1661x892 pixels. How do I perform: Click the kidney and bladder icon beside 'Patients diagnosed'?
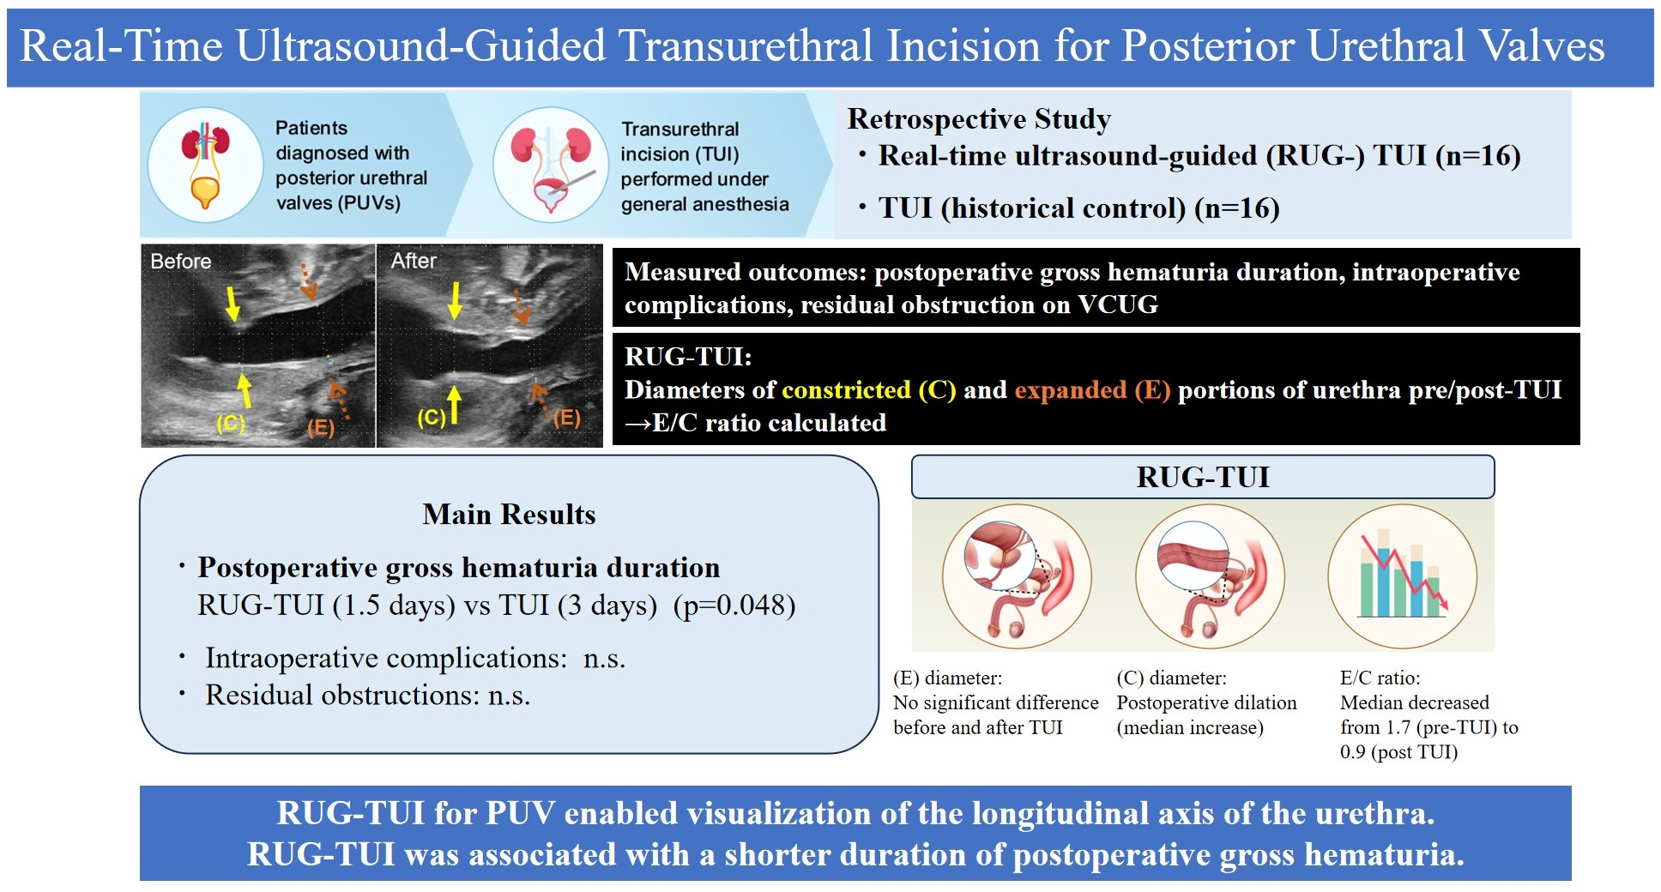click(x=205, y=165)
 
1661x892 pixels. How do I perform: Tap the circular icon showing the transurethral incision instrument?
click(x=550, y=165)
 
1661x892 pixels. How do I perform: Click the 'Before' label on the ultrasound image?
click(x=180, y=261)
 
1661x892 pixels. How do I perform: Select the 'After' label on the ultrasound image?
click(x=414, y=261)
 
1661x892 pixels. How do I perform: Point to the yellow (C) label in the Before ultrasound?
click(x=230, y=423)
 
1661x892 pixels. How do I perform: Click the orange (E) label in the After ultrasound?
click(x=566, y=418)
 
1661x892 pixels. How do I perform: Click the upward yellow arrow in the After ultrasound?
click(x=454, y=403)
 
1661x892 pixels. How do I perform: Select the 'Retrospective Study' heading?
click(x=979, y=118)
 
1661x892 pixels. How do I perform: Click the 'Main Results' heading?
click(x=509, y=514)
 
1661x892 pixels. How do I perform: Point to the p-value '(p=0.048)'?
click(x=734, y=605)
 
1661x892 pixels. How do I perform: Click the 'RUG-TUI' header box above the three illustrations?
click(x=1202, y=477)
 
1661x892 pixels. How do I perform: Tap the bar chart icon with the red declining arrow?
click(x=1402, y=575)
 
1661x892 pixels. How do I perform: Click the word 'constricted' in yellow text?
click(x=846, y=389)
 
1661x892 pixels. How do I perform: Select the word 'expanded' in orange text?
click(x=1070, y=389)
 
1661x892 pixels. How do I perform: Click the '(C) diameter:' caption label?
click(x=1171, y=678)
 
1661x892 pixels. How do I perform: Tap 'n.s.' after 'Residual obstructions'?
click(x=509, y=695)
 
